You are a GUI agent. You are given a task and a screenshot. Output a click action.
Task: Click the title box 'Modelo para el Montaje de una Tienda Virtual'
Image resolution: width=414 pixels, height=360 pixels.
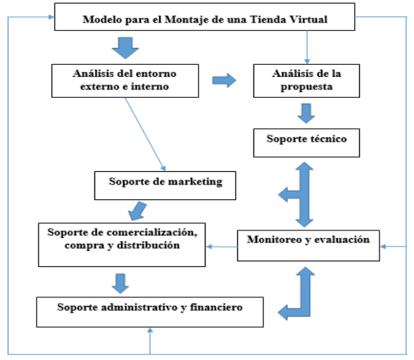coord(205,17)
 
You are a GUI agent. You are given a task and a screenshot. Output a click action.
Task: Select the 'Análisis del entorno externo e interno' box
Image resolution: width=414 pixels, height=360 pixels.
coord(125,81)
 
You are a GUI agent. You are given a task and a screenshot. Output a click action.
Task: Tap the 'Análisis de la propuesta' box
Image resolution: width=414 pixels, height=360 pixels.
coord(306,81)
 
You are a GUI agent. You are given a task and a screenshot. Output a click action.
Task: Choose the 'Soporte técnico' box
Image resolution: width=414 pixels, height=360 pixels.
coord(306,143)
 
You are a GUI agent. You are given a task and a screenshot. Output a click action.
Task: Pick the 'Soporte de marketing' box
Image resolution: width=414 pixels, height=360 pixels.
coord(165,185)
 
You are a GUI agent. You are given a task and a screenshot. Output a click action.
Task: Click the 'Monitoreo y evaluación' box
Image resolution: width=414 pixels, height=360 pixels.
coord(308,246)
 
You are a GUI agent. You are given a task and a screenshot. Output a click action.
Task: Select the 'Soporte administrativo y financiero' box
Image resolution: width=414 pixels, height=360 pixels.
coord(150,312)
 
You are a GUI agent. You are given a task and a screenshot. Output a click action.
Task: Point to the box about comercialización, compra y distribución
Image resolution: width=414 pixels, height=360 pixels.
coord(122,245)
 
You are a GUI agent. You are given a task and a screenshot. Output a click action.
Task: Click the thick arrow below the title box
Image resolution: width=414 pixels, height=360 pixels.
coord(125,48)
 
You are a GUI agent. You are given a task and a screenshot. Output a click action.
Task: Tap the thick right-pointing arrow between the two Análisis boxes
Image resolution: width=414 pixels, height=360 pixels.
coord(224,80)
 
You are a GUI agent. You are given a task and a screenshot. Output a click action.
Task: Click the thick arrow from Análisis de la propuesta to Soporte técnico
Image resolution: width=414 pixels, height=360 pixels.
coord(306,113)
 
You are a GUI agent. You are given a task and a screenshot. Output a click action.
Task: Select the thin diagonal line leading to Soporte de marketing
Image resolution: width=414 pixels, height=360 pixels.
coord(145,135)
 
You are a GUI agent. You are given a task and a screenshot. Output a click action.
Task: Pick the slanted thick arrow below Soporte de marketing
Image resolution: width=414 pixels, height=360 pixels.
coord(137,211)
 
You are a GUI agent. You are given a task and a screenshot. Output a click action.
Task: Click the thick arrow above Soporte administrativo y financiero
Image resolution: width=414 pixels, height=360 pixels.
coord(120,284)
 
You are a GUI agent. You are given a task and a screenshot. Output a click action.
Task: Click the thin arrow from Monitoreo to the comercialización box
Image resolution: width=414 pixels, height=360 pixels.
coord(222,247)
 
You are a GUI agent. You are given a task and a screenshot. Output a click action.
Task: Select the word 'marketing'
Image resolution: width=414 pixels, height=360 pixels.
coord(196,182)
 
